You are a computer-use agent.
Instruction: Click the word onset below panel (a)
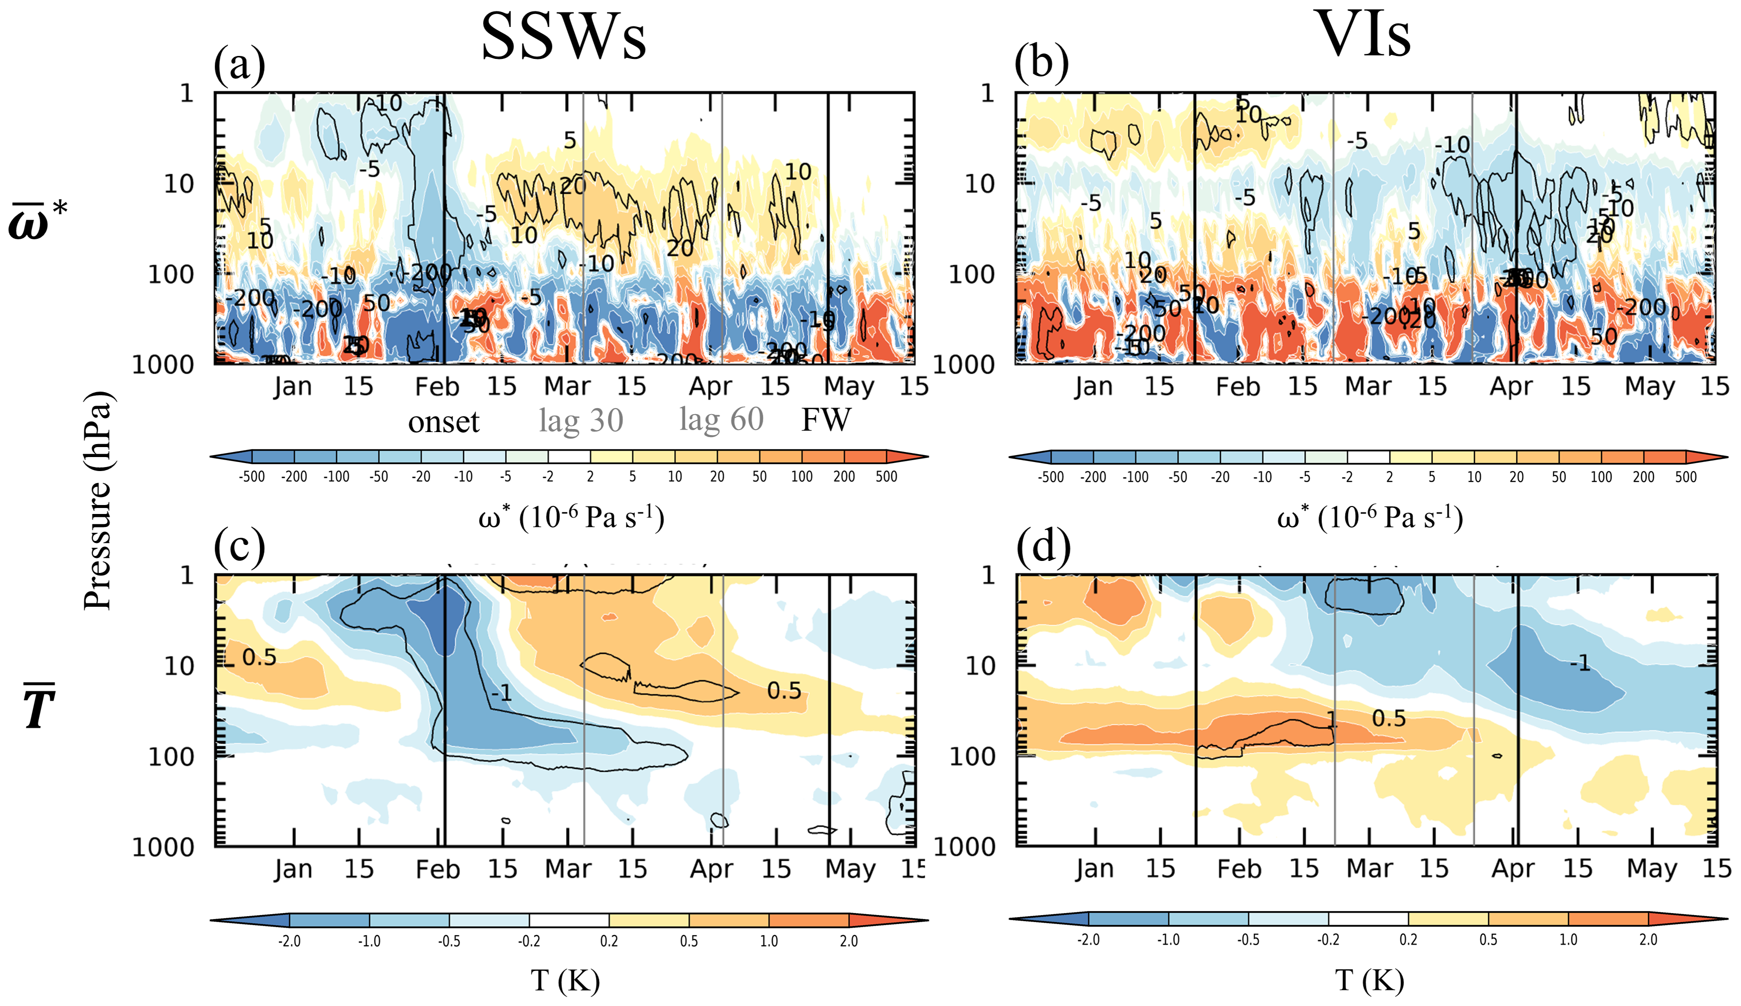pos(444,422)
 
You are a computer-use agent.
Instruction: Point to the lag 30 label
pos(581,420)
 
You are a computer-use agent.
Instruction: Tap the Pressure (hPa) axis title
pos(97,501)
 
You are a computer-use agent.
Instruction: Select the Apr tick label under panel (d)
pos(1512,869)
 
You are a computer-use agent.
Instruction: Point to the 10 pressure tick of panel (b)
pos(979,184)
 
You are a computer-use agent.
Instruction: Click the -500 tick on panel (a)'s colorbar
pos(252,477)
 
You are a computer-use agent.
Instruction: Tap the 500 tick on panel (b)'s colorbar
pos(1686,477)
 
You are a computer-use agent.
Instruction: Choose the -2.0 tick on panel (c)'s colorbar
pos(289,941)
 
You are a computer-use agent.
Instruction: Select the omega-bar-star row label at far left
pos(38,221)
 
